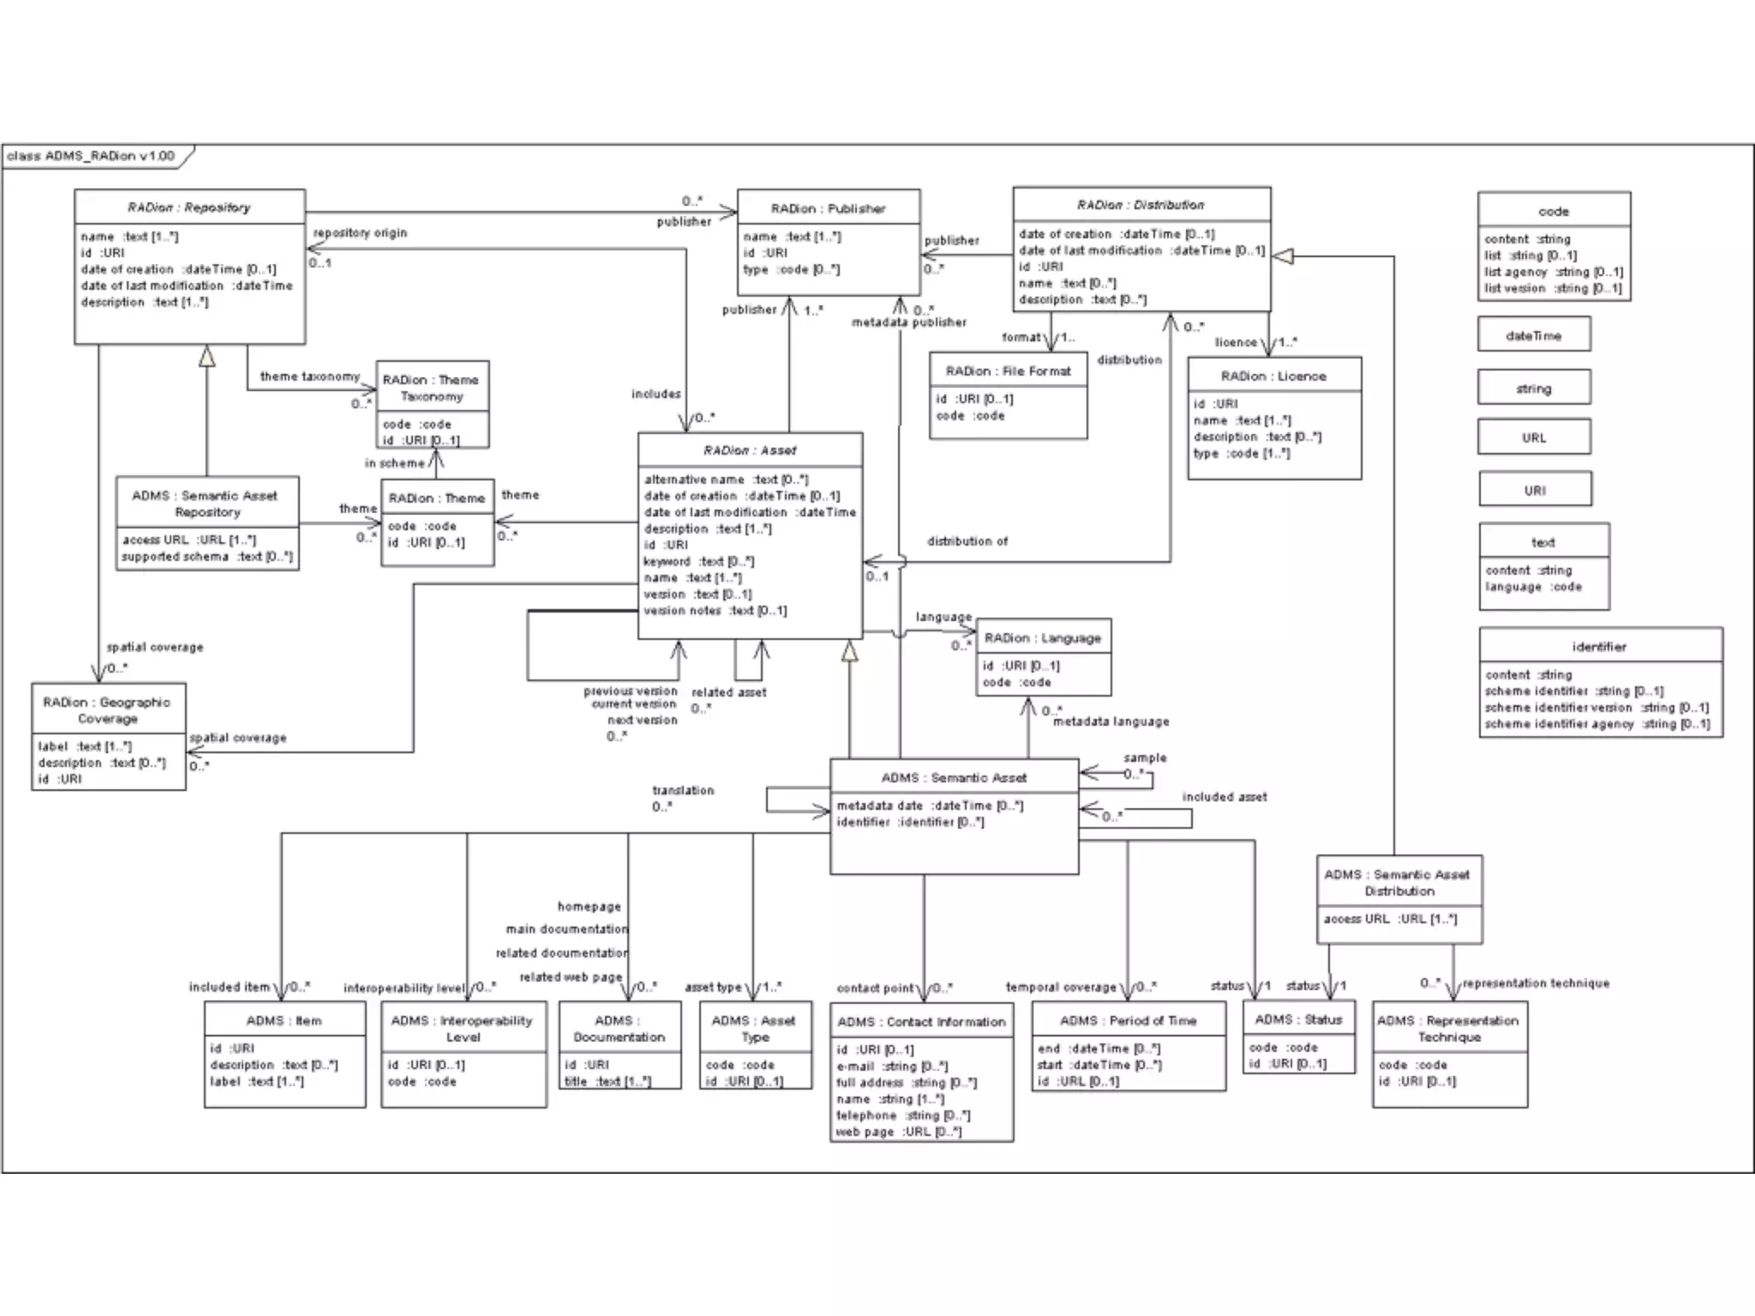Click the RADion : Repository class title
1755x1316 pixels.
tap(189, 207)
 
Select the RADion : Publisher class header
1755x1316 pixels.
tap(828, 208)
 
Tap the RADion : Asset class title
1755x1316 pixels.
tap(750, 451)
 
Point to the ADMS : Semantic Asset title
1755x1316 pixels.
tap(954, 778)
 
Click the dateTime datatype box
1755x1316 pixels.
tap(1534, 336)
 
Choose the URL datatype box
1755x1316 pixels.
tap(1534, 438)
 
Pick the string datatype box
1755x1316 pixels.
tap(1534, 389)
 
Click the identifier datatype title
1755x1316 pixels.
tap(1599, 647)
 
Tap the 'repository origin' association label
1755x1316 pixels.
tap(360, 233)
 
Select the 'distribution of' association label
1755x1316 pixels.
tap(967, 541)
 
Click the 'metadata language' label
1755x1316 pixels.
tap(1111, 721)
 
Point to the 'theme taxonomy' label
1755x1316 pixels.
tap(309, 376)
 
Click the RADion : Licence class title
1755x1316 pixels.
tap(1273, 376)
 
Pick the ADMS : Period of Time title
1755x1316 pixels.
tap(1128, 1020)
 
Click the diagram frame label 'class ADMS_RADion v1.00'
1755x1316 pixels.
tap(91, 156)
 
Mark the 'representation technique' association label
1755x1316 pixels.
tap(1536, 984)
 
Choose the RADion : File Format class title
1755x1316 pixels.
tap(1008, 371)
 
